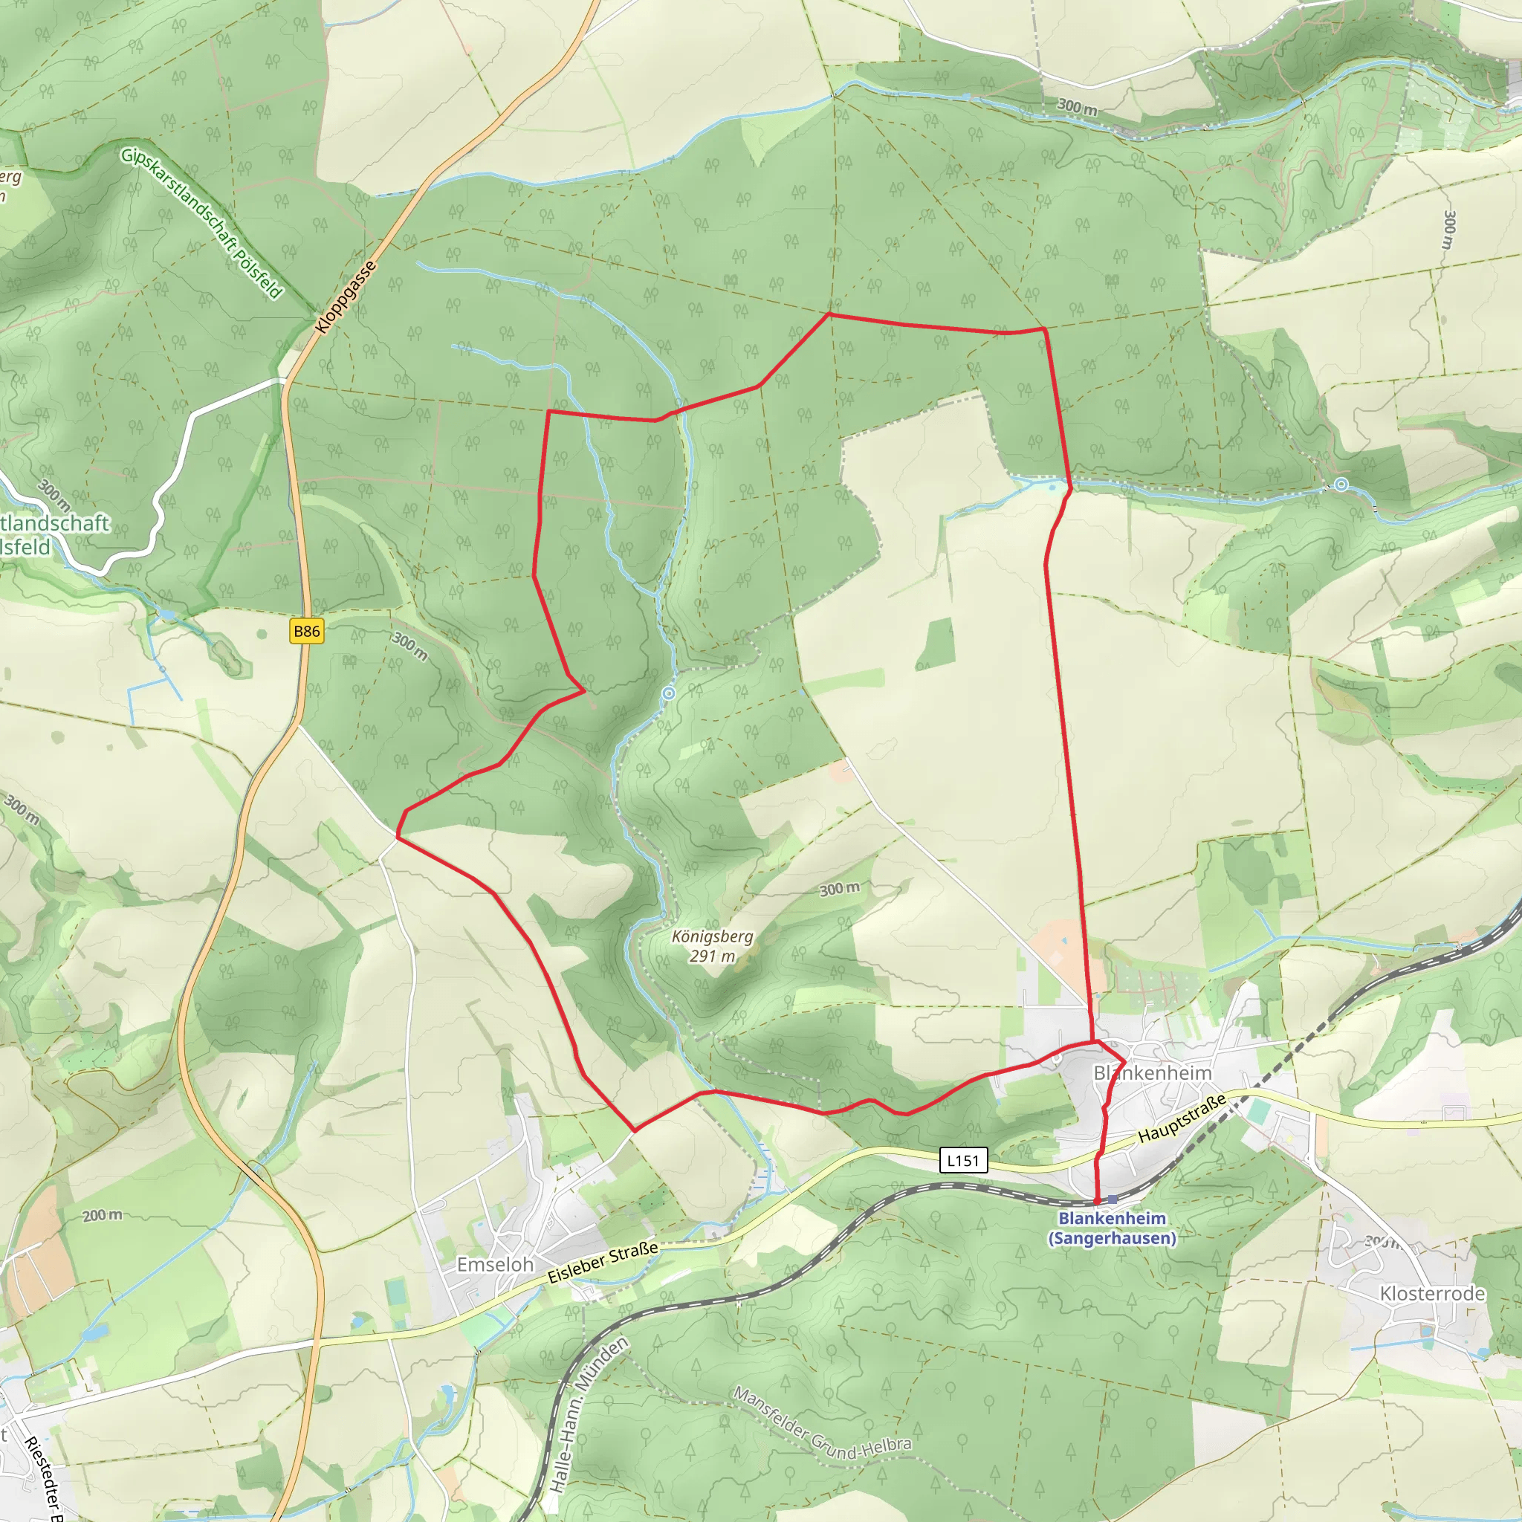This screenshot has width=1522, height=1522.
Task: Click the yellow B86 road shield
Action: pyautogui.click(x=306, y=631)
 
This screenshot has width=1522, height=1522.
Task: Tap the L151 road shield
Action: pyautogui.click(x=962, y=1160)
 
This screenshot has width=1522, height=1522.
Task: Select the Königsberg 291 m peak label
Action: pyautogui.click(x=712, y=946)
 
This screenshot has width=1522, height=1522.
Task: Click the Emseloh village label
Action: pyautogui.click(x=495, y=1264)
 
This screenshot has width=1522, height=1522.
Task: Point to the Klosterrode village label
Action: pyautogui.click(x=1432, y=1294)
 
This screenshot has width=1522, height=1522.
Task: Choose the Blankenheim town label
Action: pyautogui.click(x=1152, y=1073)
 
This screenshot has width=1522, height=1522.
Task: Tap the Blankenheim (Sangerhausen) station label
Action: pyautogui.click(x=1112, y=1228)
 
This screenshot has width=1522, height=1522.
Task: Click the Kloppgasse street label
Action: pyautogui.click(x=345, y=297)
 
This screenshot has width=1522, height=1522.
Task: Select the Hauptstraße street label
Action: pyautogui.click(x=1182, y=1118)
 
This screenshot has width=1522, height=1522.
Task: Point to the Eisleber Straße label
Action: pyautogui.click(x=603, y=1262)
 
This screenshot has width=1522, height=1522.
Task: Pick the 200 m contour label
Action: pyautogui.click(x=103, y=1216)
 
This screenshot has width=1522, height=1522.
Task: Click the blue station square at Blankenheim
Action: pyautogui.click(x=1113, y=1199)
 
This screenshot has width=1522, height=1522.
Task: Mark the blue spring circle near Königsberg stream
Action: pyautogui.click(x=669, y=693)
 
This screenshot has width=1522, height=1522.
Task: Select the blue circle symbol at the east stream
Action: pyautogui.click(x=1341, y=485)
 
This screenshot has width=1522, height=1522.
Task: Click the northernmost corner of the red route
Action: pyautogui.click(x=829, y=314)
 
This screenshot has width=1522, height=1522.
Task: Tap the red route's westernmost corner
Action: pyautogui.click(x=396, y=838)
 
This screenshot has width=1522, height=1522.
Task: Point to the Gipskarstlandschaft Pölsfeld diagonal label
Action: pyautogui.click(x=201, y=223)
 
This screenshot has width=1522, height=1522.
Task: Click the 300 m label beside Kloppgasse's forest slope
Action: pyautogui.click(x=409, y=646)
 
